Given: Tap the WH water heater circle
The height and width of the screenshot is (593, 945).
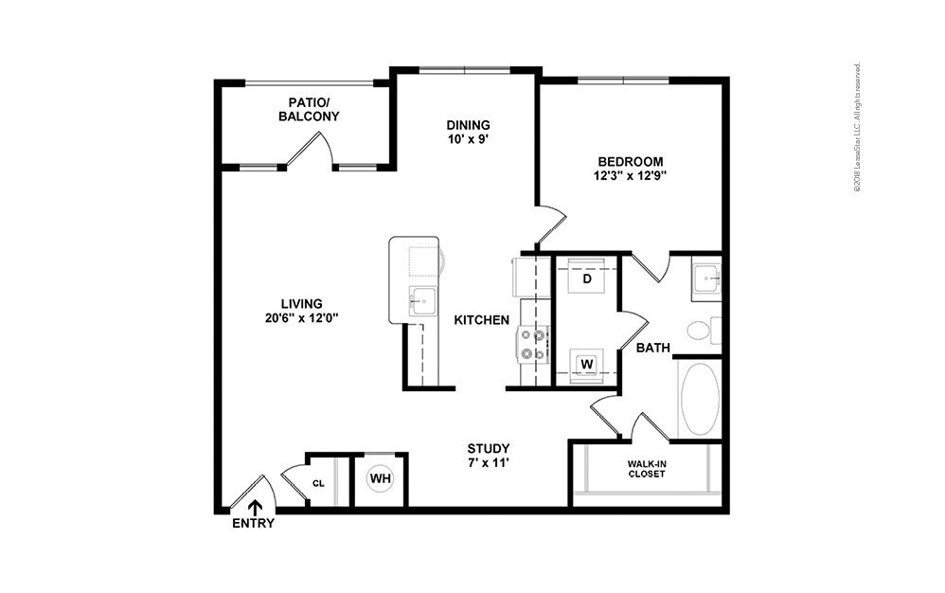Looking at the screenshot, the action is pyautogui.click(x=381, y=479).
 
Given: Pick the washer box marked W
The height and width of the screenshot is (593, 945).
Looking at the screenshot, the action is pyautogui.click(x=587, y=365).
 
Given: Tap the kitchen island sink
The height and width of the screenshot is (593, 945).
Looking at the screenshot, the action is pyautogui.click(x=423, y=300).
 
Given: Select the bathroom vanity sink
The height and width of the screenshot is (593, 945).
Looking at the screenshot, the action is pyautogui.click(x=705, y=279).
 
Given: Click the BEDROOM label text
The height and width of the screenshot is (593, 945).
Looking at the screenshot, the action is pyautogui.click(x=631, y=161).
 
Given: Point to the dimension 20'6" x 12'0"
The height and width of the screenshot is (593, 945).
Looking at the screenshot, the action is pyautogui.click(x=301, y=318).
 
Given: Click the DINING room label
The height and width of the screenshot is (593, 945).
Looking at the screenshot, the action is pyautogui.click(x=469, y=125).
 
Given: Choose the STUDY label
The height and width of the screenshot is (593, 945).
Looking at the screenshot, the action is pyautogui.click(x=489, y=448).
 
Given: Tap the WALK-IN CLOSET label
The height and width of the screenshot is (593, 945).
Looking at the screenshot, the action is pyautogui.click(x=647, y=469).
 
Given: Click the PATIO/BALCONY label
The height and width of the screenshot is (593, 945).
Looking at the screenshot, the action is pyautogui.click(x=309, y=109).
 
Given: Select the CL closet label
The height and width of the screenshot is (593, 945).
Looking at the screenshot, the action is pyautogui.click(x=318, y=483).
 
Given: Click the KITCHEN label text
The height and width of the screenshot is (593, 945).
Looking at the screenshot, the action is pyautogui.click(x=482, y=320).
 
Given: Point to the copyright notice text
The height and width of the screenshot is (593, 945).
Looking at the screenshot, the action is pyautogui.click(x=857, y=127).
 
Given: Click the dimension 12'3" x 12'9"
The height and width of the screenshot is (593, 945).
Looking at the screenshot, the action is pyautogui.click(x=630, y=176).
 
